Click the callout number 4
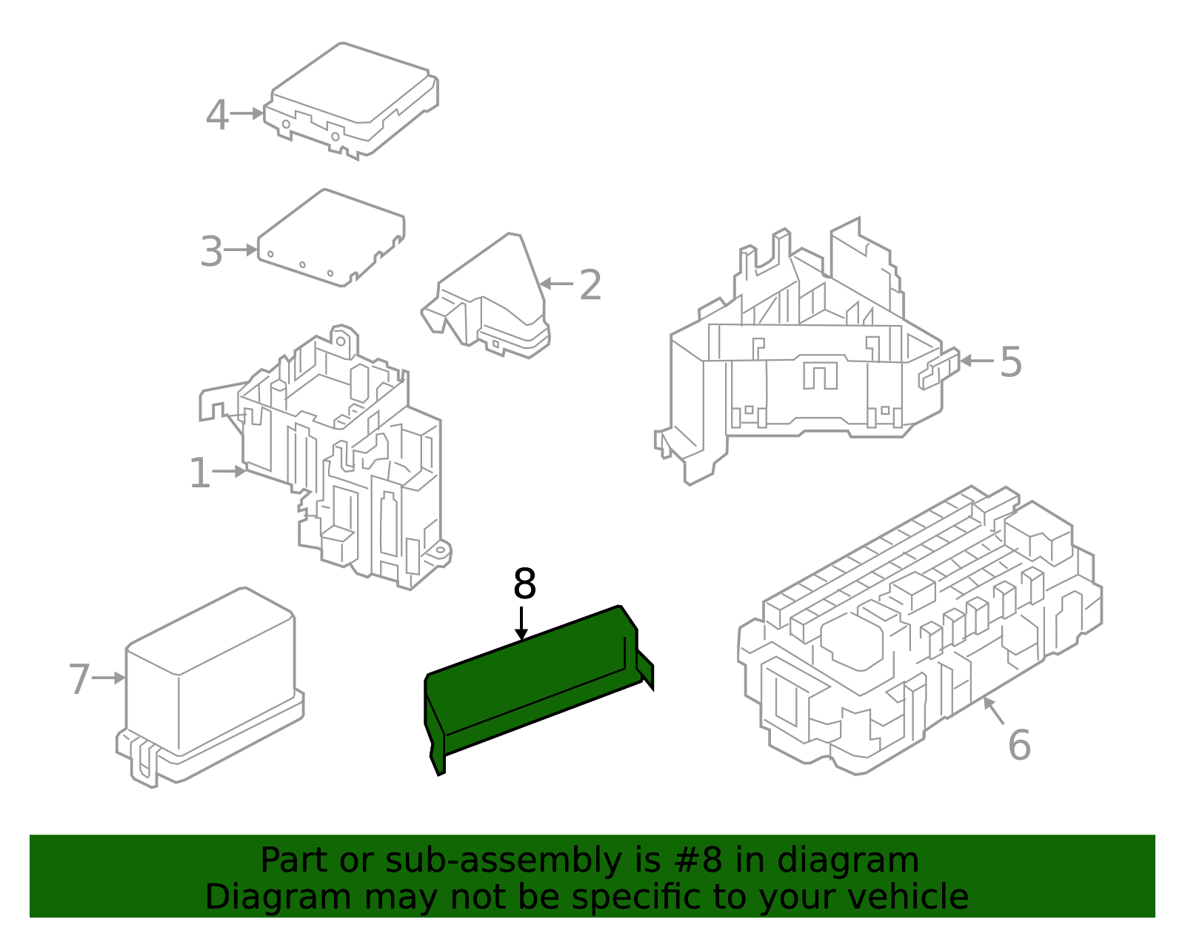pos(216,116)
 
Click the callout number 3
pos(211,252)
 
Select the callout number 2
pos(590,285)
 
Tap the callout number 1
pos(200,473)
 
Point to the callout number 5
pos(1011,362)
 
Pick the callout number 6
pos(1019,745)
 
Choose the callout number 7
pos(79,679)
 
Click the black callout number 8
pos(524,584)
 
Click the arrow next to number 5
pos(976,361)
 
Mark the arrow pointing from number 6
pos(994,711)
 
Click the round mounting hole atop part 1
pos(342,341)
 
